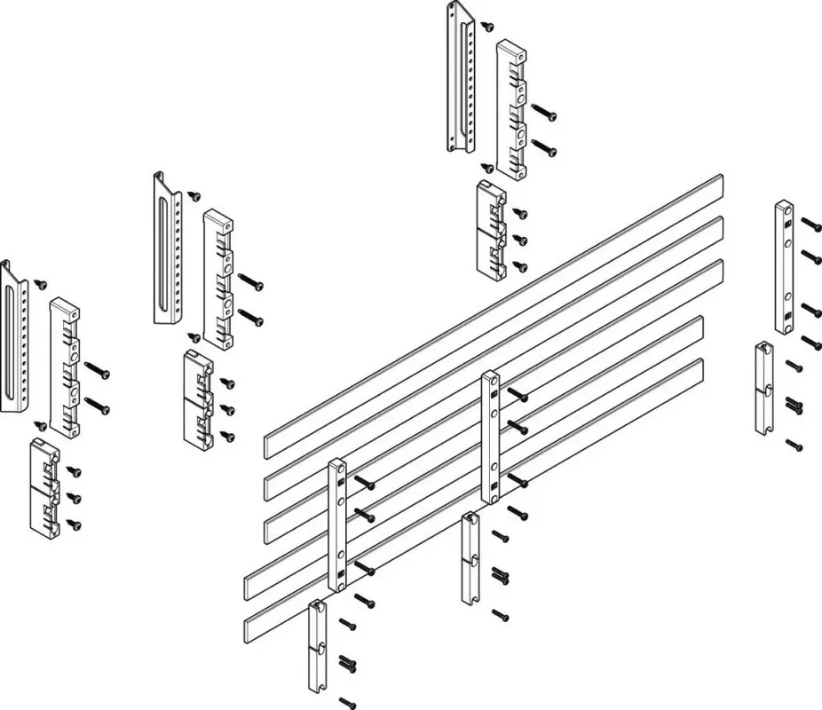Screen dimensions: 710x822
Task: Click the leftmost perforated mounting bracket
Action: pyautogui.click(x=15, y=337)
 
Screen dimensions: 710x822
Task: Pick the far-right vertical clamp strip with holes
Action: pyautogui.click(x=785, y=267)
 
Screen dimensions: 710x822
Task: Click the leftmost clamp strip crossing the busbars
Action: pyautogui.click(x=338, y=524)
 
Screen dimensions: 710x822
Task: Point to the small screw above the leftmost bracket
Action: pyautogui.click(x=40, y=284)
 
